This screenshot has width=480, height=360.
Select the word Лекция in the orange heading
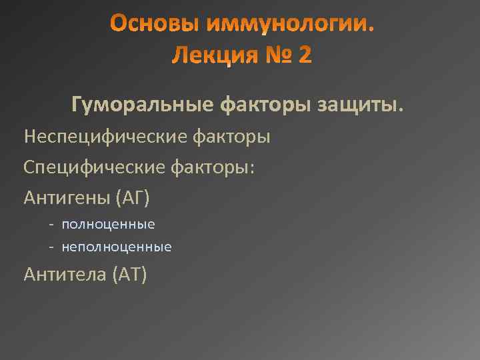[208, 55]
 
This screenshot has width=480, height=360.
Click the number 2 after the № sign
[304, 55]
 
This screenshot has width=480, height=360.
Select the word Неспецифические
[106, 137]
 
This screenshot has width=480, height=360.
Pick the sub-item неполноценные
[117, 247]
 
